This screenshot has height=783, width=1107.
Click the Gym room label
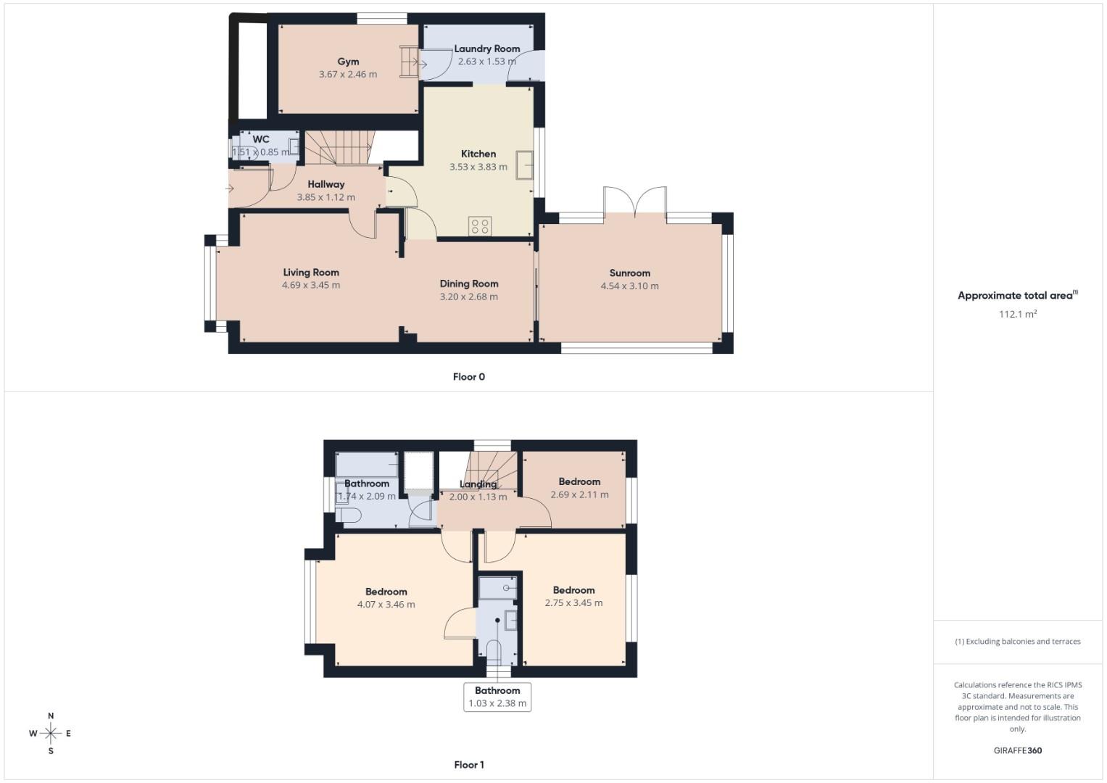click(348, 62)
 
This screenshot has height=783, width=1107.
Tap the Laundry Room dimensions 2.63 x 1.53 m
click(486, 62)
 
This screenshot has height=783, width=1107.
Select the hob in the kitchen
click(480, 226)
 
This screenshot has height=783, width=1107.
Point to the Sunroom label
click(629, 273)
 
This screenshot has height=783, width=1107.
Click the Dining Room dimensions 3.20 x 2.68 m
click(468, 297)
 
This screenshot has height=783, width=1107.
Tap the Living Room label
click(311, 273)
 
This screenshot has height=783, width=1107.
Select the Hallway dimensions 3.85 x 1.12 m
click(326, 197)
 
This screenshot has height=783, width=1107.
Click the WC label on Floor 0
click(261, 139)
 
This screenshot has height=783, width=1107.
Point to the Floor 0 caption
click(468, 377)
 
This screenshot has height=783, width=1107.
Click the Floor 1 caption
click(468, 765)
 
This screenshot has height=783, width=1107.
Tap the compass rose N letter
click(51, 716)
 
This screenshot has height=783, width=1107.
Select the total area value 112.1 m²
click(1017, 314)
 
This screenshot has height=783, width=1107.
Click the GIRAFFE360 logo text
click(1017, 750)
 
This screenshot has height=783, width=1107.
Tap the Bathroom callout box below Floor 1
click(497, 697)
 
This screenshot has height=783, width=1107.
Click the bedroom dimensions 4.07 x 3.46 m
click(386, 605)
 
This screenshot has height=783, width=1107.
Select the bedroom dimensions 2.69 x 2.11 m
click(579, 494)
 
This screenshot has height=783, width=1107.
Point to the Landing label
click(478, 484)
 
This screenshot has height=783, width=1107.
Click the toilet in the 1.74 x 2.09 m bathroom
click(349, 515)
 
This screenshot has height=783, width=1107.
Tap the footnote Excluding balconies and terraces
click(1017, 642)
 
